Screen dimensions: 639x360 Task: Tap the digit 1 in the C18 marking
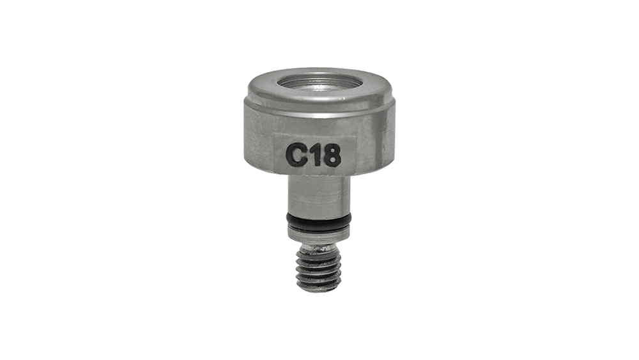pos(314,155)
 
